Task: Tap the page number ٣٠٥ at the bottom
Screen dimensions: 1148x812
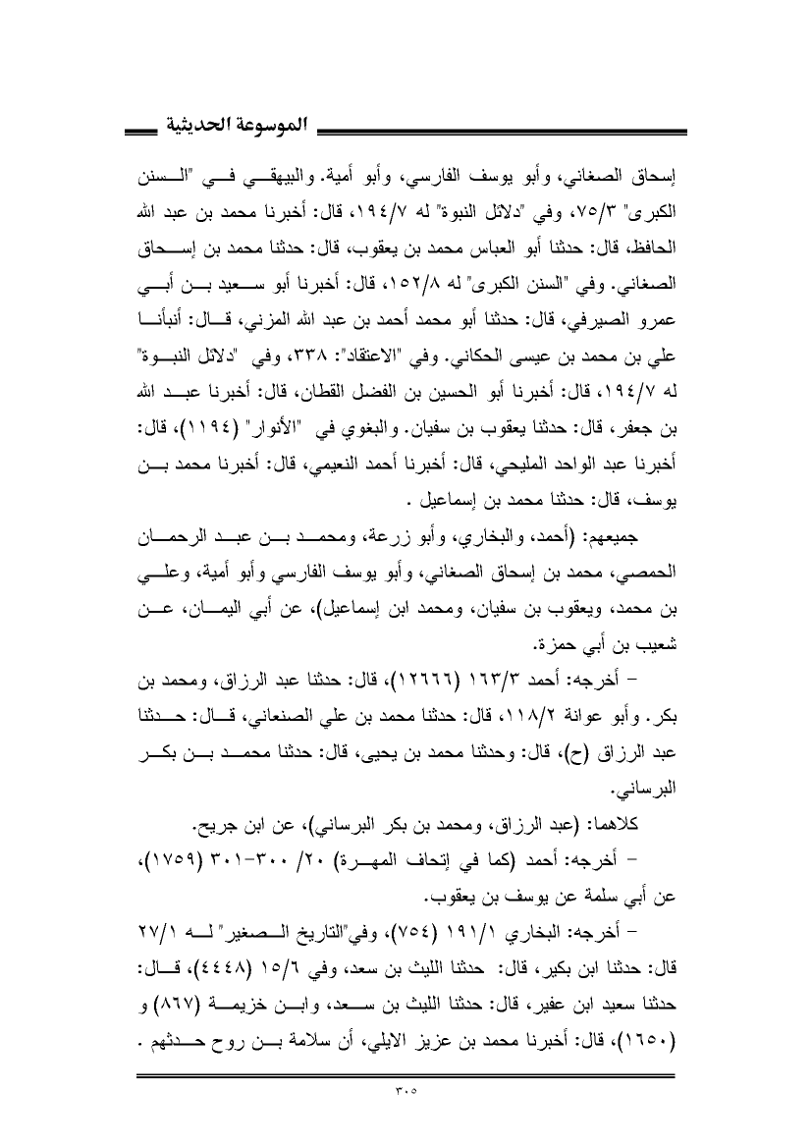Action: (x=406, y=1090)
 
